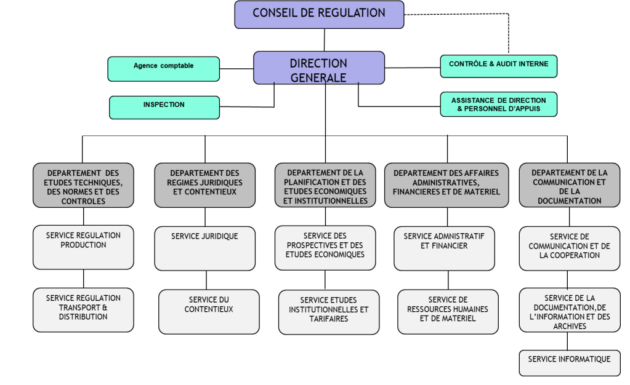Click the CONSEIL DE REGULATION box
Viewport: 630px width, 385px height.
[319, 14]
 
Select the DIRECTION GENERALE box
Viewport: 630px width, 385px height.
[319, 68]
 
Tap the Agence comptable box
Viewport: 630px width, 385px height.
[164, 69]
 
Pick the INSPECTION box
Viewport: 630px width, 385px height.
[164, 108]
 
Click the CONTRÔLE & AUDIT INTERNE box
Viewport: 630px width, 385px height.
[499, 66]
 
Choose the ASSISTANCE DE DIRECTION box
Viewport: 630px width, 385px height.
[499, 105]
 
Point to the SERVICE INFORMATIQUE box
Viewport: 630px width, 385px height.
[570, 363]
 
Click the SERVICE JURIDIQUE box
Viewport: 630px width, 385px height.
[205, 248]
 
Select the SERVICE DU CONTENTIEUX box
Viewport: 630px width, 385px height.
[209, 312]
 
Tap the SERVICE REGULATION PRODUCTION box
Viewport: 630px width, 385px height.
[83, 247]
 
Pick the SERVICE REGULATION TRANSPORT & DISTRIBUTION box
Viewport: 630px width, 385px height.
[83, 310]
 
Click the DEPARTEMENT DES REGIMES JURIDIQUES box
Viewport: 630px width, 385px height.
[205, 185]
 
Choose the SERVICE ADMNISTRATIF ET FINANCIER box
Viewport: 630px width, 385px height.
[445, 248]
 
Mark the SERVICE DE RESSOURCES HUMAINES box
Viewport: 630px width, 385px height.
[448, 312]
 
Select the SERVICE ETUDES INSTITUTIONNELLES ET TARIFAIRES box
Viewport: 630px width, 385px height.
[329, 312]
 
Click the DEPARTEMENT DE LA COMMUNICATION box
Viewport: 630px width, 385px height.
[570, 185]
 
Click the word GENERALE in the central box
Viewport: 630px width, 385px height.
[318, 77]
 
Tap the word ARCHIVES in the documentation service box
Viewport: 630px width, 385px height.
[570, 327]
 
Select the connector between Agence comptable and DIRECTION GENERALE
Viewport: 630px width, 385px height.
[236, 69]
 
